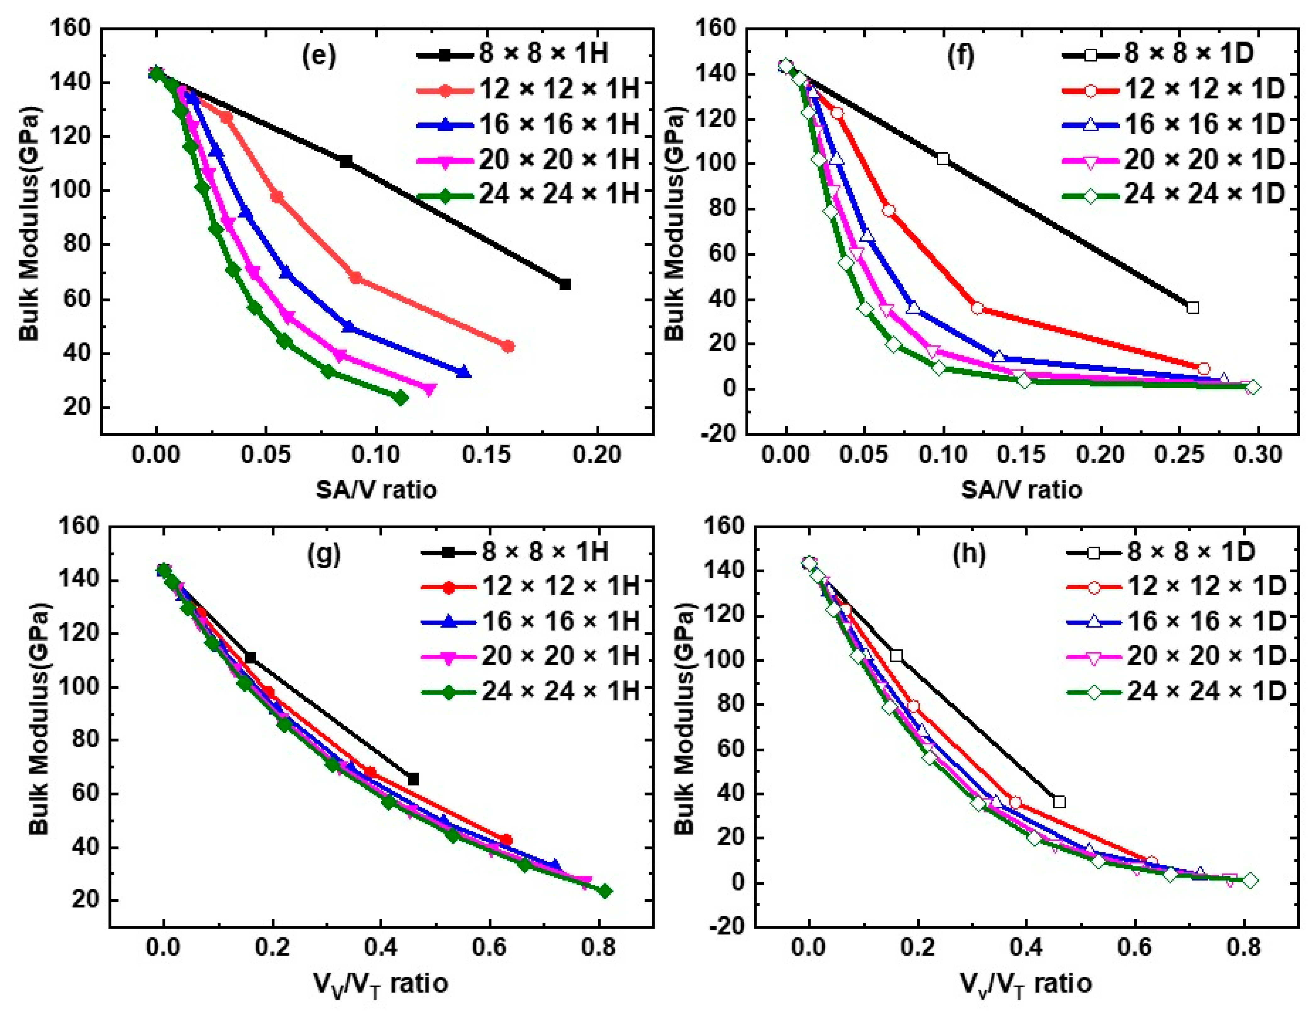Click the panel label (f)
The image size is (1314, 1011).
[x=960, y=56]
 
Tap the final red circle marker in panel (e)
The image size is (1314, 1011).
[x=508, y=347]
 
